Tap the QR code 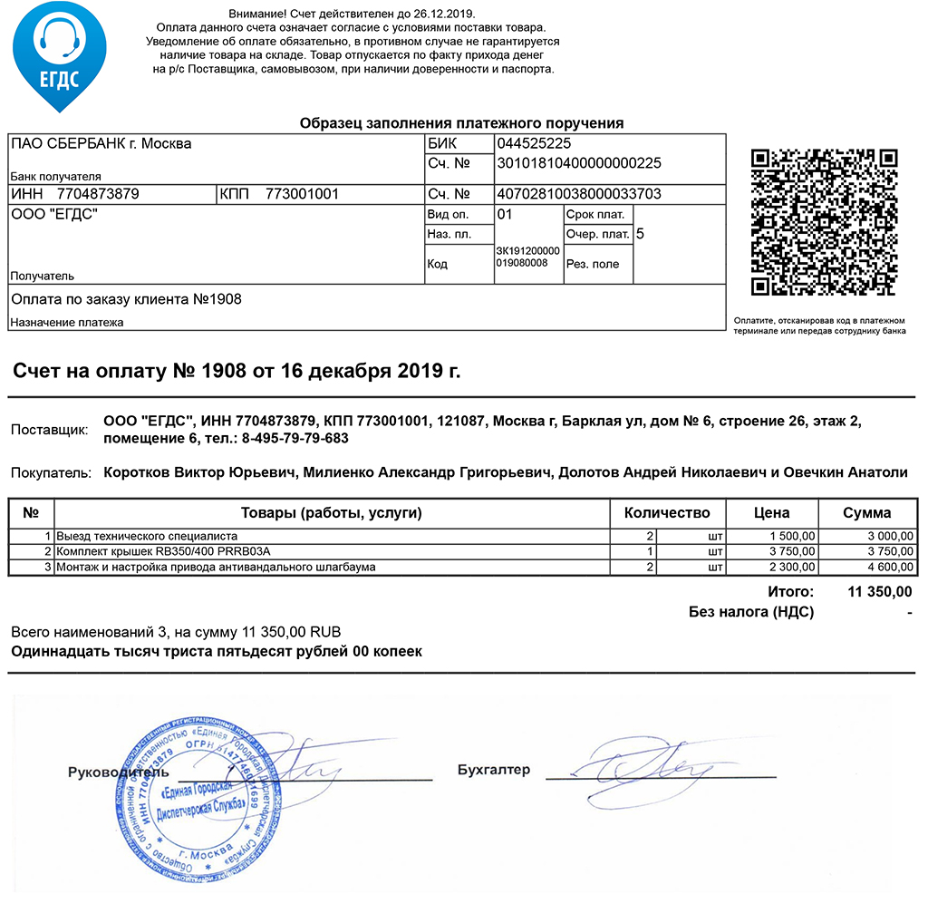point(825,222)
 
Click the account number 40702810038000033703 point(578,194)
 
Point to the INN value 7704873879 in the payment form point(97,194)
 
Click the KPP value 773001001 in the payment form point(302,194)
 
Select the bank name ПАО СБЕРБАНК point(101,143)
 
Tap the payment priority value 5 point(640,234)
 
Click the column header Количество point(667,513)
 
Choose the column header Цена point(772,513)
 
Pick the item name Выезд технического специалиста point(147,536)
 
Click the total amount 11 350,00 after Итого point(880,592)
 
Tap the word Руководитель point(118,772)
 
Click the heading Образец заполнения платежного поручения point(461,123)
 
